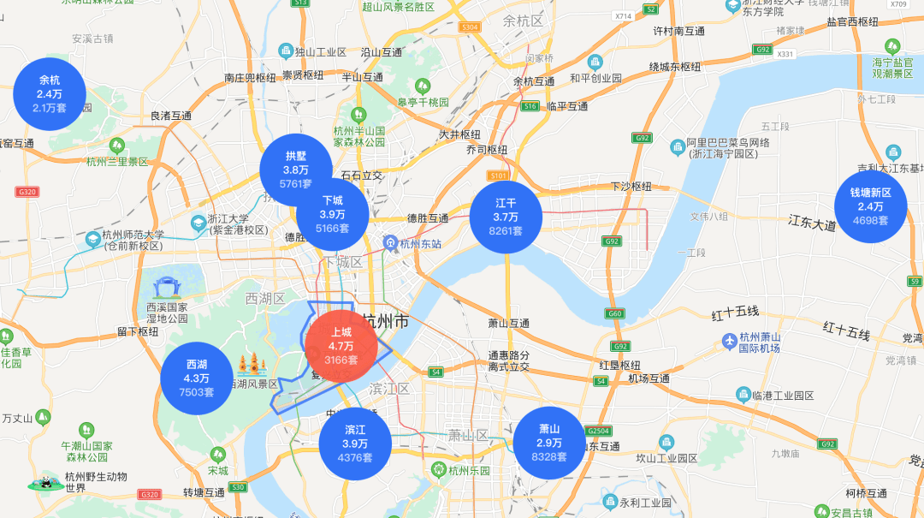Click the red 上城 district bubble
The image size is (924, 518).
click(x=341, y=345)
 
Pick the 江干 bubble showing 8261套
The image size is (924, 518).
click(x=506, y=217)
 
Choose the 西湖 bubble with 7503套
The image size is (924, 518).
click(x=196, y=378)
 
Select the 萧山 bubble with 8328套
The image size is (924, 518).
click(x=548, y=443)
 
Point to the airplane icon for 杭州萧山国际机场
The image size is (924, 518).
click(x=729, y=342)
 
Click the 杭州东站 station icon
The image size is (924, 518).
click(x=390, y=243)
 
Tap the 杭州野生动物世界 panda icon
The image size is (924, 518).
click(x=40, y=484)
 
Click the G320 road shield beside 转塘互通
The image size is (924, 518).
click(x=150, y=494)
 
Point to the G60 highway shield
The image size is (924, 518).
click(x=615, y=313)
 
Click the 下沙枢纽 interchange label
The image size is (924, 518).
click(x=631, y=187)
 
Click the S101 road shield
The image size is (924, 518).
click(x=499, y=176)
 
